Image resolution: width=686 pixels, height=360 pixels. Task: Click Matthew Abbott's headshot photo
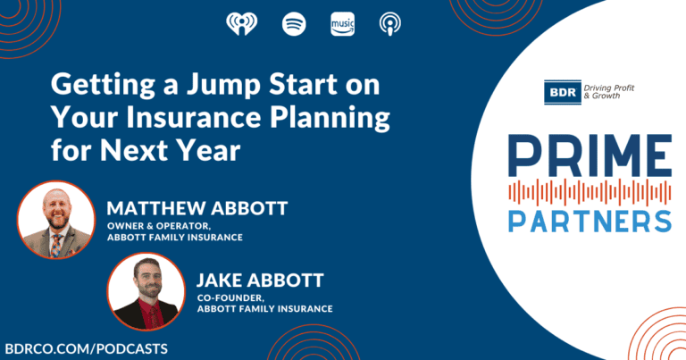click(56, 219)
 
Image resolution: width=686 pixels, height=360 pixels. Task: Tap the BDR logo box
click(561, 90)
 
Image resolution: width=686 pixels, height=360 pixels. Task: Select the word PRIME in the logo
click(589, 155)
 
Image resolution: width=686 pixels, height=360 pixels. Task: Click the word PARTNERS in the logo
click(590, 219)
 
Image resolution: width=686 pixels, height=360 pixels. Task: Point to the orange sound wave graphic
click(589, 189)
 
